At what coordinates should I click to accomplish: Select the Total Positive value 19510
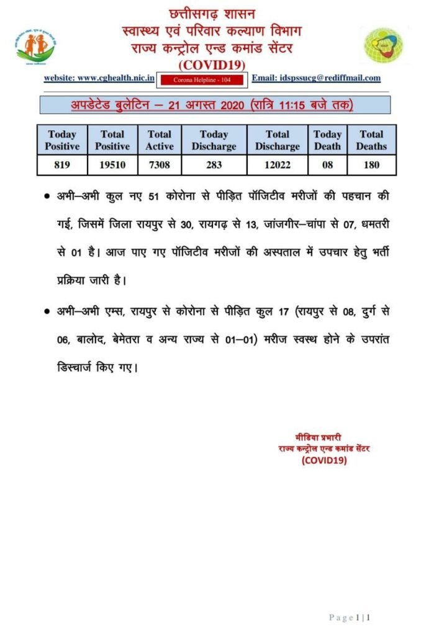click(x=112, y=165)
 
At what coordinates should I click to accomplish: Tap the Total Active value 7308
click(x=160, y=165)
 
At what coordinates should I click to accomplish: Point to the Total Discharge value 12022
click(x=278, y=165)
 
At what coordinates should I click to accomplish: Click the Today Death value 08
click(x=327, y=165)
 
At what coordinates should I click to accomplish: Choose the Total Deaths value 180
click(x=371, y=165)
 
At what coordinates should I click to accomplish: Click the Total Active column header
click(x=160, y=140)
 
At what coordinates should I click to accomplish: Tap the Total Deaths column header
click(x=371, y=140)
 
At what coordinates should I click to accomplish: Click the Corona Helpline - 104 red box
click(x=204, y=79)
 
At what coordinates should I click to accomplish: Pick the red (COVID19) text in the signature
click(x=324, y=460)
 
